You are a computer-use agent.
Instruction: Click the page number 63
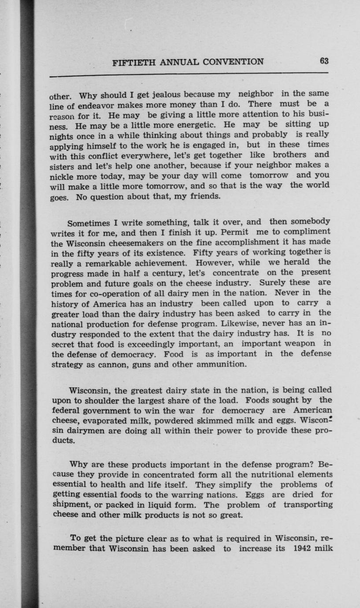324,61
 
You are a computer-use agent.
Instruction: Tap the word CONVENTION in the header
234,61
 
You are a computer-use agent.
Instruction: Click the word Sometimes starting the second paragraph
91,222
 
